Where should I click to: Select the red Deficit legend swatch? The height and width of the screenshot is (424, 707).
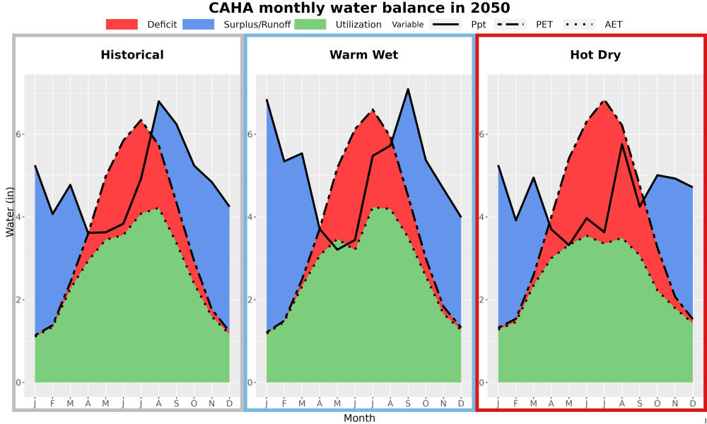click(122, 24)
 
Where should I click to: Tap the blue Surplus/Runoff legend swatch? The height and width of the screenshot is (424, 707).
click(199, 24)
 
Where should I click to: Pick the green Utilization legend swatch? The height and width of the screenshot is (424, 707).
click(310, 24)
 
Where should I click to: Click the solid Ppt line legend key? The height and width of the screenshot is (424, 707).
click(445, 24)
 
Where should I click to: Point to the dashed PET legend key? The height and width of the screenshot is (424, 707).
click(510, 24)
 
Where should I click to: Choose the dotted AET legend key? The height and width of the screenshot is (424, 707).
click(580, 24)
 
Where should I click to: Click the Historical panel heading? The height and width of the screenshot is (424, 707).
click(132, 55)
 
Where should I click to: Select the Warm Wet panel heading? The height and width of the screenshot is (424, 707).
click(364, 55)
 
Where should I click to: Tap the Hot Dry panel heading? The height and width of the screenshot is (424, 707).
click(595, 55)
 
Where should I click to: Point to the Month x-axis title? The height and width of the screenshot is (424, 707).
click(359, 418)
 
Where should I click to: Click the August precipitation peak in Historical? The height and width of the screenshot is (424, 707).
click(158, 101)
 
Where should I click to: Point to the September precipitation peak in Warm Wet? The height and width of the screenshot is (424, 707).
click(408, 89)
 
